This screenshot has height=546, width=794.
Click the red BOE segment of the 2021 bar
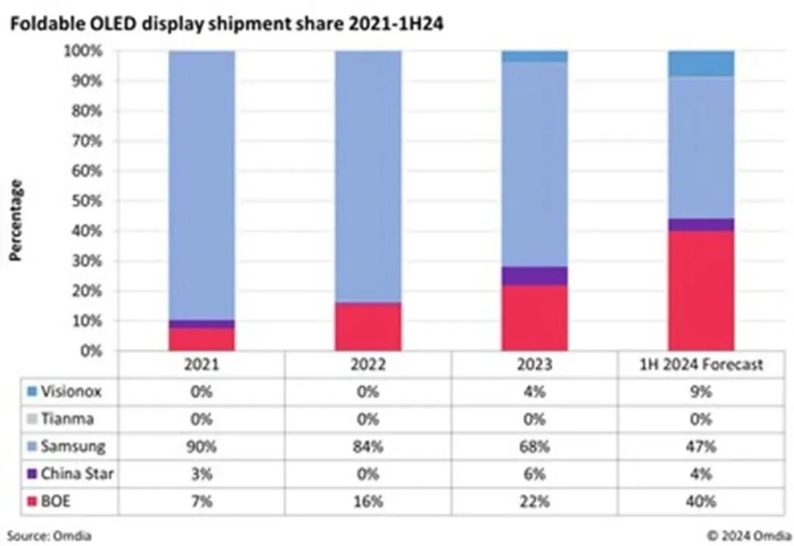pos(201,339)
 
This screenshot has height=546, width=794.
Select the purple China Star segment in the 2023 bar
pos(534,276)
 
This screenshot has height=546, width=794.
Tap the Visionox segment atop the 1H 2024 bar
pos(701,64)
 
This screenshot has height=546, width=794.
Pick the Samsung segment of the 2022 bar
pos(368,177)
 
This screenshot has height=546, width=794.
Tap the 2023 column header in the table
pos(534,364)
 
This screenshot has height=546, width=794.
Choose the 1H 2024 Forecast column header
pos(701,364)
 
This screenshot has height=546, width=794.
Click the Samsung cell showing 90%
pos(201,446)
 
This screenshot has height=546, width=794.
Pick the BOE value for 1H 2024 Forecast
pos(701,501)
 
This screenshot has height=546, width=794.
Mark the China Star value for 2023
pos(534,474)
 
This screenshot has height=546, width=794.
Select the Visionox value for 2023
pos(534,391)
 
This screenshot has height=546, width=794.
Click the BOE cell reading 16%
pos(368,501)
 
